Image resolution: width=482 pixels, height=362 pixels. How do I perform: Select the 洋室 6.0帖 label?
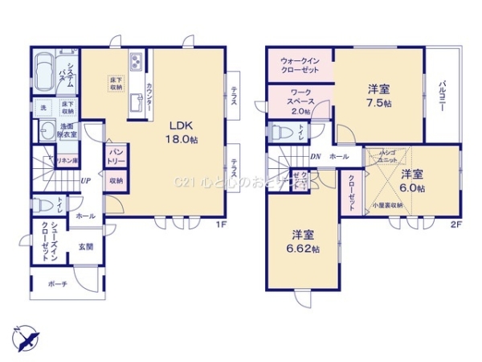tap(412, 180)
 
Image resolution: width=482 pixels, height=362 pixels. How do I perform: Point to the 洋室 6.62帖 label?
tap(304, 242)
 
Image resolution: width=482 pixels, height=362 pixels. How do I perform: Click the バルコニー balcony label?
tap(443, 99)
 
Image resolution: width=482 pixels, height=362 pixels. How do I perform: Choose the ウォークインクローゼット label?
tap(300, 65)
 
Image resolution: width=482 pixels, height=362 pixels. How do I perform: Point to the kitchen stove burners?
tap(135, 60)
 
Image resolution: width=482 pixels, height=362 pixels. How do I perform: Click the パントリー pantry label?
tap(116, 155)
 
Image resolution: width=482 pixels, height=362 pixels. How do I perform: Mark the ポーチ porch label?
tap(56, 284)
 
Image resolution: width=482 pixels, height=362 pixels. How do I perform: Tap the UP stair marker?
tap(84, 180)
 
